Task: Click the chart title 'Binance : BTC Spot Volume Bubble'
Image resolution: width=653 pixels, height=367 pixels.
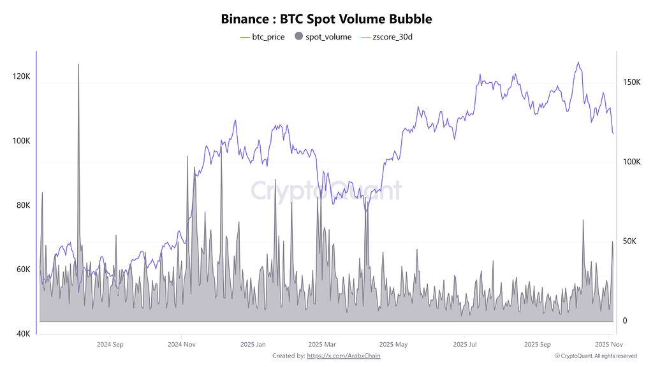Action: (x=326, y=19)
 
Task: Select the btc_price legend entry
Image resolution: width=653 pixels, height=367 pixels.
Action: (x=262, y=37)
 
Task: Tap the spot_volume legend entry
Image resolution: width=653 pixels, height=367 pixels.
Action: (x=323, y=37)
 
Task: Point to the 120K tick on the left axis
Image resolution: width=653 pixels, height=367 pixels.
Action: (x=21, y=76)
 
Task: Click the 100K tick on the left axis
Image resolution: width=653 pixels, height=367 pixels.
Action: (x=21, y=141)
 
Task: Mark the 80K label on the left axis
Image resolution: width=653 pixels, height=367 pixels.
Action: (x=22, y=205)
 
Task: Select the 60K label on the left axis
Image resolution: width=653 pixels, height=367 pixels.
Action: (x=22, y=270)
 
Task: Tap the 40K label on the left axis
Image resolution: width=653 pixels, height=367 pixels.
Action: (x=22, y=334)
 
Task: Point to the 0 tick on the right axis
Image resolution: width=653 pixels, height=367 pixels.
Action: (x=625, y=321)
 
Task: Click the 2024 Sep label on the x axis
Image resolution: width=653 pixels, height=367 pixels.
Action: (x=109, y=345)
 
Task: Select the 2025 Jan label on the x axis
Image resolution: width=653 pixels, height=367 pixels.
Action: (x=252, y=345)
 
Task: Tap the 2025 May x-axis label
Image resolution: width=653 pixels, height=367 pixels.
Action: (x=393, y=345)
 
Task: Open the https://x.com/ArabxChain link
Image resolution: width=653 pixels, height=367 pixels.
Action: (x=344, y=356)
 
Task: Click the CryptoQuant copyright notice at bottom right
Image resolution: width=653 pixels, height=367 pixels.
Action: (x=596, y=356)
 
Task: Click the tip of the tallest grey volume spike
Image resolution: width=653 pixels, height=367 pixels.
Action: (x=78, y=64)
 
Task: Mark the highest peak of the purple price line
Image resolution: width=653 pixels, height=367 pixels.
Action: (x=578, y=62)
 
